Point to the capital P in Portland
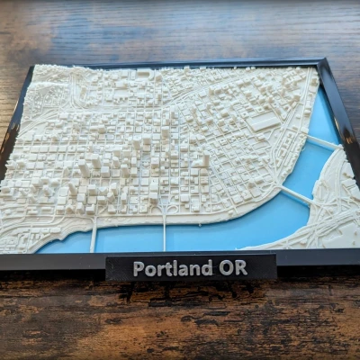[138, 268]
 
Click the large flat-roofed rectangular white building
[263, 121]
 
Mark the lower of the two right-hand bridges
[294, 196]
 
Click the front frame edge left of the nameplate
[54, 262]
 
